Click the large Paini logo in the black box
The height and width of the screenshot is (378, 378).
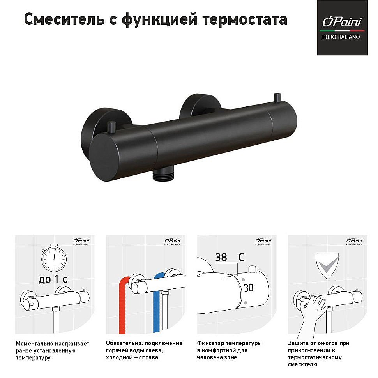pos(341,22)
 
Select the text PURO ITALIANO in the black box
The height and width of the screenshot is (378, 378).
pos(341,37)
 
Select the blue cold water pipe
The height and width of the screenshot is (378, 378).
pos(157,304)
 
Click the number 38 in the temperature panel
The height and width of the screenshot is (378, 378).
pos(221,257)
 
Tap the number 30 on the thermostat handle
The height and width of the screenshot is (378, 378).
pos(248,288)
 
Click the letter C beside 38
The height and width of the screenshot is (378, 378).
pos(241,257)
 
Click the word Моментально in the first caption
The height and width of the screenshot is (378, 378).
pos(34,343)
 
